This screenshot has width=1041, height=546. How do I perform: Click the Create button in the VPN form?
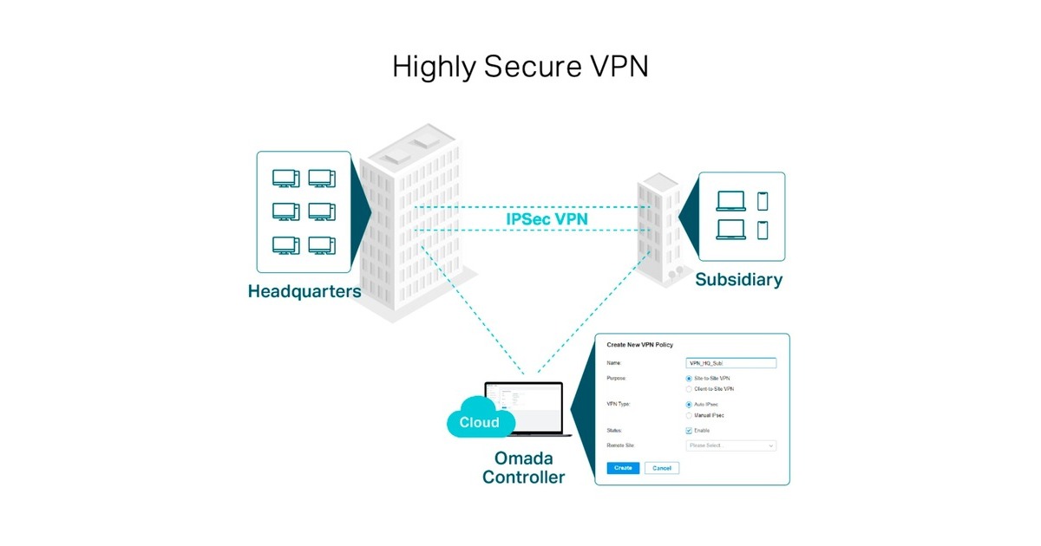pyautogui.click(x=623, y=468)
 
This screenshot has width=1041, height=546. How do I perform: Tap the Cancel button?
pyautogui.click(x=662, y=468)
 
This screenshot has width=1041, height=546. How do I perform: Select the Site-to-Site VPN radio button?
pyautogui.click(x=689, y=379)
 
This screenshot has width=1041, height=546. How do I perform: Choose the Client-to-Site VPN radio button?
pyautogui.click(x=689, y=389)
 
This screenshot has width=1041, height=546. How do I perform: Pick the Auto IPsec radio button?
pyautogui.click(x=689, y=405)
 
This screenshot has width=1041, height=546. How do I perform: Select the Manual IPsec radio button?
pyautogui.click(x=689, y=415)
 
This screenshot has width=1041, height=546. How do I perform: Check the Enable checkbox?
pyautogui.click(x=689, y=431)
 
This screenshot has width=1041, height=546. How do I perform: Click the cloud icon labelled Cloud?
pyautogui.click(x=478, y=420)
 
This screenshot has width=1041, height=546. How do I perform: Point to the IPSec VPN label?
pyautogui.click(x=547, y=219)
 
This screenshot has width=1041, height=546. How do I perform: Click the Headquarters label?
pyautogui.click(x=304, y=291)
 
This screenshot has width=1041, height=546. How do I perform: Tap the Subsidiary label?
pyautogui.click(x=738, y=280)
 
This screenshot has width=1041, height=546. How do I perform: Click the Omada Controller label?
pyautogui.click(x=523, y=468)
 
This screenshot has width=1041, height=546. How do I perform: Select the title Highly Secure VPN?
pyautogui.click(x=520, y=67)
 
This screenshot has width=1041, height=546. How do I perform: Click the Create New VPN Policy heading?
pyautogui.click(x=639, y=345)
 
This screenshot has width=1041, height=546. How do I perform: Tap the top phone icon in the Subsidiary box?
pyautogui.click(x=763, y=201)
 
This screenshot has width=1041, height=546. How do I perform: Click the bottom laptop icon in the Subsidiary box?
pyautogui.click(x=730, y=231)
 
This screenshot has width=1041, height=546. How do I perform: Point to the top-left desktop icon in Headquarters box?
pyautogui.click(x=285, y=179)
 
